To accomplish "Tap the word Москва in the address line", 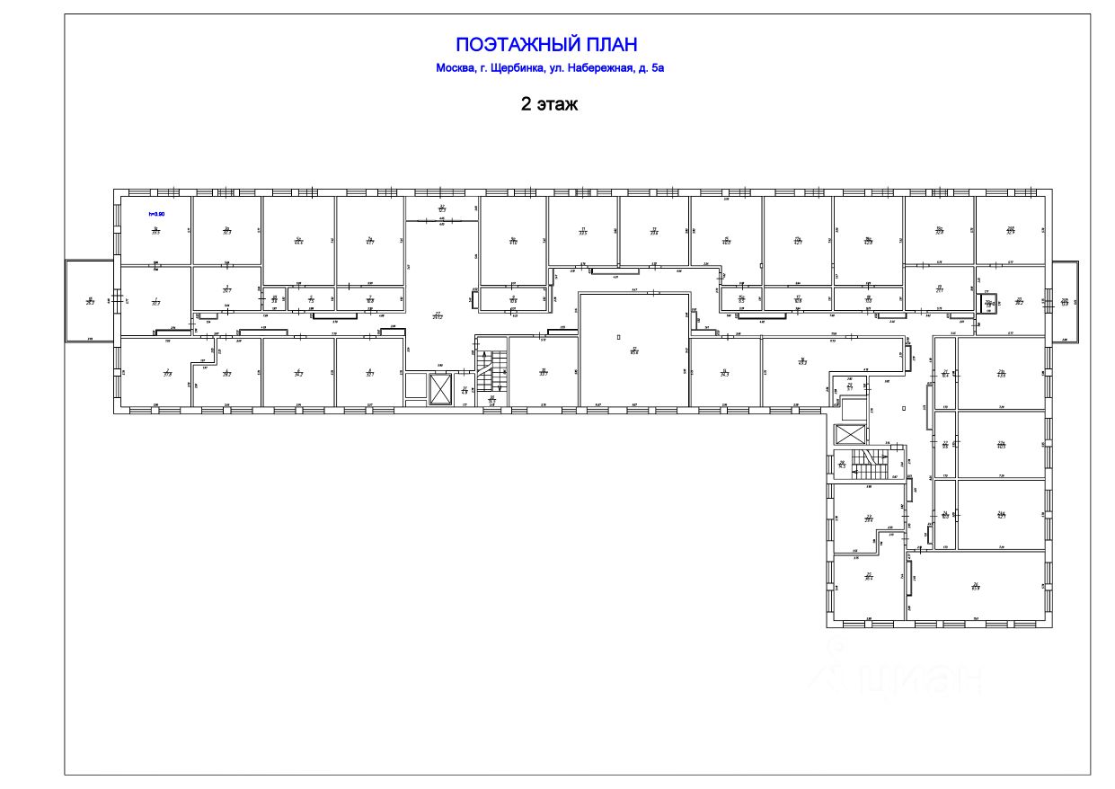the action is (x=456, y=68).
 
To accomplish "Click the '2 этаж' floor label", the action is (x=549, y=104).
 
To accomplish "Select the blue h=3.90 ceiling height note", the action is (x=156, y=214).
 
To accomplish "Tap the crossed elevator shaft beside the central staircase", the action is (x=441, y=388).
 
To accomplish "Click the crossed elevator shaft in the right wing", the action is (x=849, y=434).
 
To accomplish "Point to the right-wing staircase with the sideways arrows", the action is (x=869, y=464).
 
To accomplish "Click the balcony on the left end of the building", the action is (x=90, y=300).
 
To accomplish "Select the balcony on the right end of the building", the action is (x=1065, y=301).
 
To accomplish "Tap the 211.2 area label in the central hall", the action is (x=438, y=315).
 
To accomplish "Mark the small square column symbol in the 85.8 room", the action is (x=618, y=336).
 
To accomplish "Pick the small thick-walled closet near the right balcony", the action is (x=988, y=303).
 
